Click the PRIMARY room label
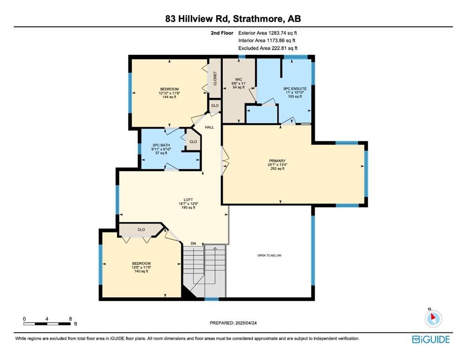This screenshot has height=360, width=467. pos(277,161)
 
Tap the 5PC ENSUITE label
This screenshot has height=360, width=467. pos(295,89)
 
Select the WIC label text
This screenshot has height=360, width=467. pos(239,80)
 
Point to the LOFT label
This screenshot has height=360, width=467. pos(188,200)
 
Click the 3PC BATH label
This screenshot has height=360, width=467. pos(161,145)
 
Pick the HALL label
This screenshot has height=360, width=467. pos(210,127)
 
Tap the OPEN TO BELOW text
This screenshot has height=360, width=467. pos(269,255)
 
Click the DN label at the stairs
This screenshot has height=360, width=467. pos(194,244)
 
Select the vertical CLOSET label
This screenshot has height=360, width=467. pos(215,79)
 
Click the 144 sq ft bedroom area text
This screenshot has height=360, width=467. pos(169,97)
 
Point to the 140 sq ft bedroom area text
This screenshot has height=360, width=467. pos(141,271)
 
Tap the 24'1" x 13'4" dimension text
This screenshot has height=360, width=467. pos(277,165)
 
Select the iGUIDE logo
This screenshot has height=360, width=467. pos(431,339)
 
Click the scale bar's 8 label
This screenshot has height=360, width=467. pos(71,319)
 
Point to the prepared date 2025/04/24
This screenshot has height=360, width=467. pos(246,323)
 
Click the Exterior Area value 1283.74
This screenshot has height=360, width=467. pos(277,33)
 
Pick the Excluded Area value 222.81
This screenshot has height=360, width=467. pos(279,48)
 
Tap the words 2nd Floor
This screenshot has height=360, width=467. pos(222,33)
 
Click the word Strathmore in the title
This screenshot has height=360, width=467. pos(258,19)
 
